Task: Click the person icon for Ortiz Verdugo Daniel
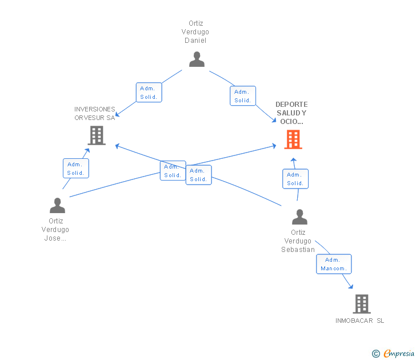tap(197, 59)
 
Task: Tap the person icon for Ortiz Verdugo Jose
tap(57, 205)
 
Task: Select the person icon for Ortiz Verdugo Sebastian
tap(299, 217)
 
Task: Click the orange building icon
tap(293, 139)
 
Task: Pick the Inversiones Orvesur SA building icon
tap(97, 135)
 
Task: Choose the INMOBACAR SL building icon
tap(362, 304)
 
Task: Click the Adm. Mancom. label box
tap(334, 264)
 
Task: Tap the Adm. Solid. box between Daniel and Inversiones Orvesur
tap(149, 93)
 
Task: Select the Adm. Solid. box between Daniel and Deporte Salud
tap(243, 96)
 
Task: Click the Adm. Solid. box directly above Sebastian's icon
tap(295, 179)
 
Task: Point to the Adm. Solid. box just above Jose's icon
tap(76, 168)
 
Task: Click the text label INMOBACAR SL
tap(359, 321)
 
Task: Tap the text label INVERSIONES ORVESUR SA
tap(95, 114)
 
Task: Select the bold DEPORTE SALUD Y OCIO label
tap(291, 113)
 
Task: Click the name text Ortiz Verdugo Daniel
tap(195, 32)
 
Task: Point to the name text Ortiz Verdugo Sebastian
tap(298, 241)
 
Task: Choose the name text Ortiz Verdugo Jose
tap(55, 230)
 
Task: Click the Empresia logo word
tap(399, 354)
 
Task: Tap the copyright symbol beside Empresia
tap(375, 354)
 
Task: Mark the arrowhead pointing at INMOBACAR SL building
tap(351, 286)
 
